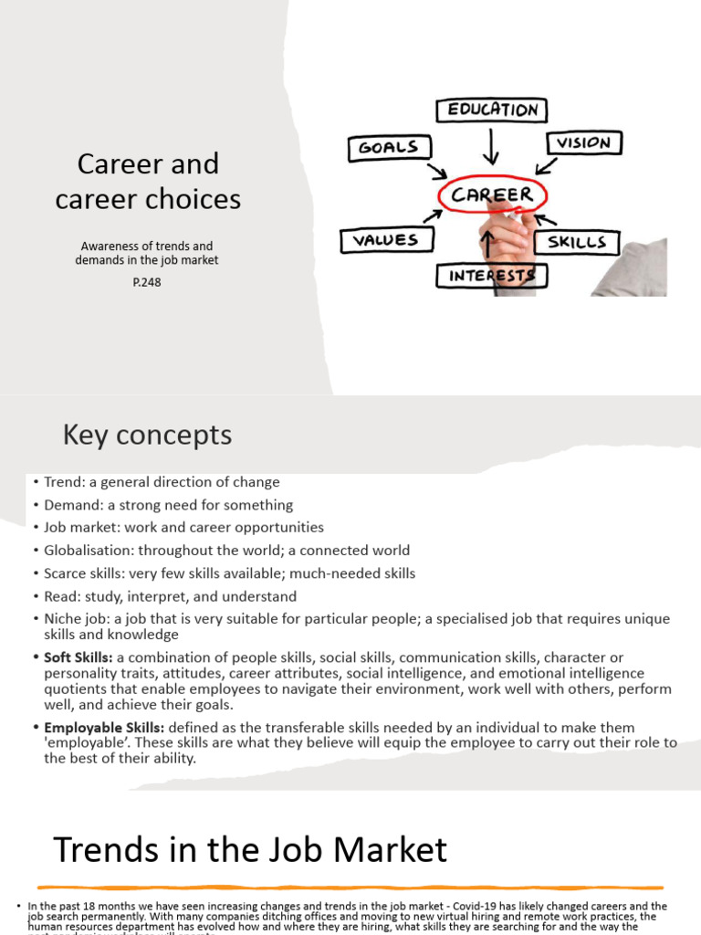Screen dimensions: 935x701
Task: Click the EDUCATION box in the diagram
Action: pos(491,110)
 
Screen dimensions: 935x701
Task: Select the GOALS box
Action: pos(388,148)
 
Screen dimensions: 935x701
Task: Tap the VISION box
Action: pos(584,142)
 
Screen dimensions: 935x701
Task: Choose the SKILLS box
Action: pos(577,243)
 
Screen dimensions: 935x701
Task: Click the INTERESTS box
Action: pos(491,275)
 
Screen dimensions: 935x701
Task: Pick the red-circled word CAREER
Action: pos(492,194)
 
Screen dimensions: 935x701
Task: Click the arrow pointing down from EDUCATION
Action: pos(493,146)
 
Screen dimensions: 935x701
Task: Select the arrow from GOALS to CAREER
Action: pos(436,172)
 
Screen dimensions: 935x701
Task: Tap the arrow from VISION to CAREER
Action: pos(547,165)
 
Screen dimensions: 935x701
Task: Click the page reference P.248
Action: pos(147,282)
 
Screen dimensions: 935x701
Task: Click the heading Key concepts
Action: pos(147,436)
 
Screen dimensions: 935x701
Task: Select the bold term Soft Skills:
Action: pos(78,657)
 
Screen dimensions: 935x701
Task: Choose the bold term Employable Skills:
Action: pos(104,728)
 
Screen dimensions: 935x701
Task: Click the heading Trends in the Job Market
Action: pos(250,850)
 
